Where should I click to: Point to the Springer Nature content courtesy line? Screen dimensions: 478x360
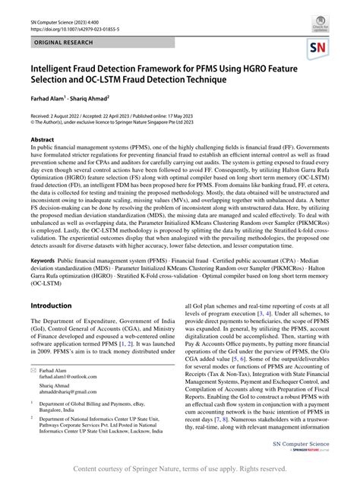coord(180,469)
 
